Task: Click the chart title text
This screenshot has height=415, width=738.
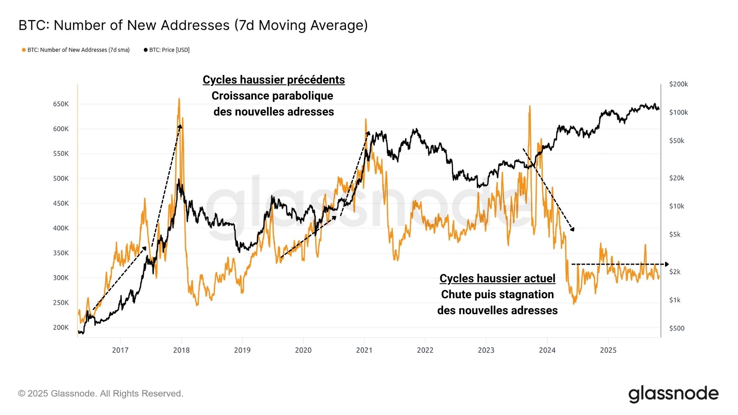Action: tap(193, 25)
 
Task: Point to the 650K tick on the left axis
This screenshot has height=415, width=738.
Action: tap(61, 104)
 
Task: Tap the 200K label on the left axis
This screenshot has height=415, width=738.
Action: tap(61, 327)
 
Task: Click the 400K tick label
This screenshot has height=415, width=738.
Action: tap(61, 228)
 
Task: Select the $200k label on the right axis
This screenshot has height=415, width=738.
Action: tap(679, 84)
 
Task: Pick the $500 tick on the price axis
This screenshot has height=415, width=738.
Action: tap(676, 328)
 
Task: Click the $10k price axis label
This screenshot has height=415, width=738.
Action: tap(676, 206)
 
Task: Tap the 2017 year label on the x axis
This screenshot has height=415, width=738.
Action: tap(120, 350)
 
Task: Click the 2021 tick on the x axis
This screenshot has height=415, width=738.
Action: tap(364, 350)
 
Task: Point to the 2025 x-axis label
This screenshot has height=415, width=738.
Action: tap(608, 350)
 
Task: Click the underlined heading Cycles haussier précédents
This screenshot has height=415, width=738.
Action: tap(273, 79)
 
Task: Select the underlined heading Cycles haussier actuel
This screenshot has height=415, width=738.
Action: tap(497, 279)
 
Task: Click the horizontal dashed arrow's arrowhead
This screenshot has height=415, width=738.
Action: tap(667, 264)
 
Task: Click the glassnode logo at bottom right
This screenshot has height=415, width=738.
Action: tap(673, 394)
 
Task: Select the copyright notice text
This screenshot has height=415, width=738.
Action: tap(100, 394)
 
